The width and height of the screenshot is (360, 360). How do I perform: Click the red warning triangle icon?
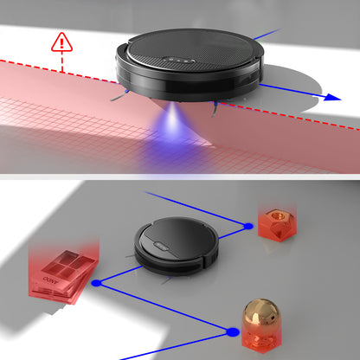coord(62,41)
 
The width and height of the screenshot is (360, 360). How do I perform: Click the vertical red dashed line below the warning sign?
coord(62,62)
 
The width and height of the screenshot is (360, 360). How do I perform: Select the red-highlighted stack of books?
coord(60,270)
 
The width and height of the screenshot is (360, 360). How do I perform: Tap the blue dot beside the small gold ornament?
coord(248,226)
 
